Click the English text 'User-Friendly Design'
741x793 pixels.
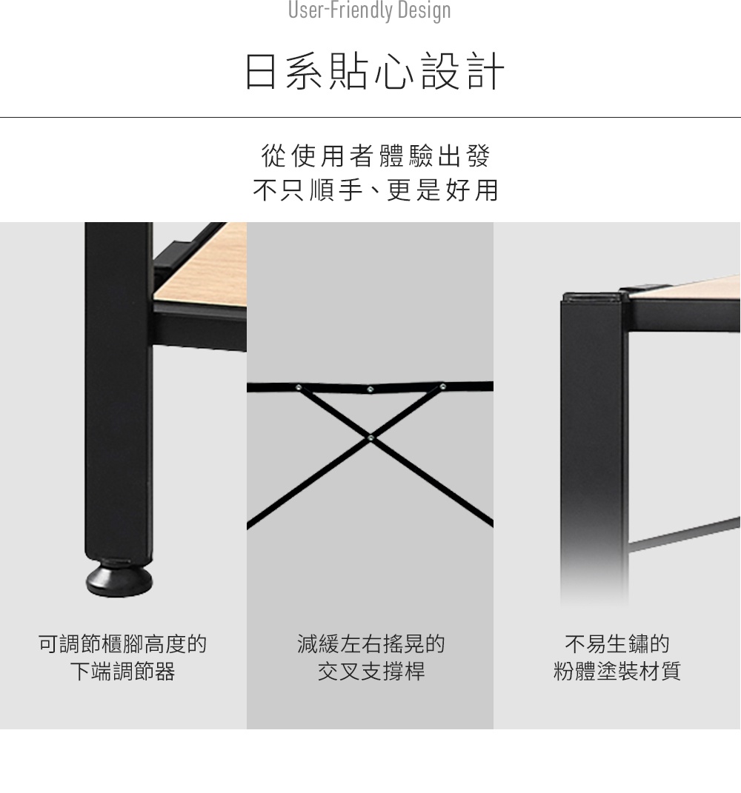point(369,10)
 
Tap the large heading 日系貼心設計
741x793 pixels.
point(374,72)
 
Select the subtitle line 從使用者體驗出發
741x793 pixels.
point(376,156)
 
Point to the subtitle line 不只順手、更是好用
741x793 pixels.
point(376,190)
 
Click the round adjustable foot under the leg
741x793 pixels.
point(119,580)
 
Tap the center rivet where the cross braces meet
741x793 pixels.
point(370,438)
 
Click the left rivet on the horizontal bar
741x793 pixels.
point(298,387)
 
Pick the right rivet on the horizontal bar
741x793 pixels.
point(443,387)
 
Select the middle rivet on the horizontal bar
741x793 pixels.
point(370,389)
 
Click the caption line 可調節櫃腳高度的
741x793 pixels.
point(122,644)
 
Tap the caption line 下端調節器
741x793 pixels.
point(122,672)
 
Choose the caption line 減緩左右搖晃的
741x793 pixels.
point(370,644)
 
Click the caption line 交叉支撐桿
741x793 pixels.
point(370,672)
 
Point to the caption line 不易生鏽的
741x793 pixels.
point(617,644)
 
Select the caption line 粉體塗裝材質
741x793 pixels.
point(617,672)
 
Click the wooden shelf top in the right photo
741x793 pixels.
point(697,289)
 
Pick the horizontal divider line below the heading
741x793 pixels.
point(370,117)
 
